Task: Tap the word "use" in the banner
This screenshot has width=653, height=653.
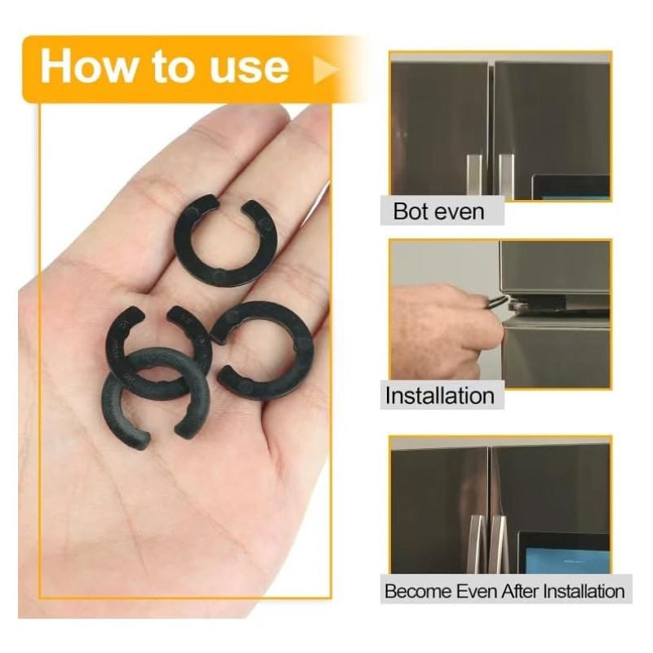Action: click(248, 67)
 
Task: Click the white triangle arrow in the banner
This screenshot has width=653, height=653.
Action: click(325, 70)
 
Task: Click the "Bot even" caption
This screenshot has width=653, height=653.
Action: click(438, 212)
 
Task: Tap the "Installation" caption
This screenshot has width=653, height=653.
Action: click(439, 396)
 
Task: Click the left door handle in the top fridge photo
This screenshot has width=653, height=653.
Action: click(474, 176)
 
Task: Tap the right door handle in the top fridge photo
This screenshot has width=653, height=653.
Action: click(506, 176)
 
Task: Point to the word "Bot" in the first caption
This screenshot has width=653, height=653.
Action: click(410, 212)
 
